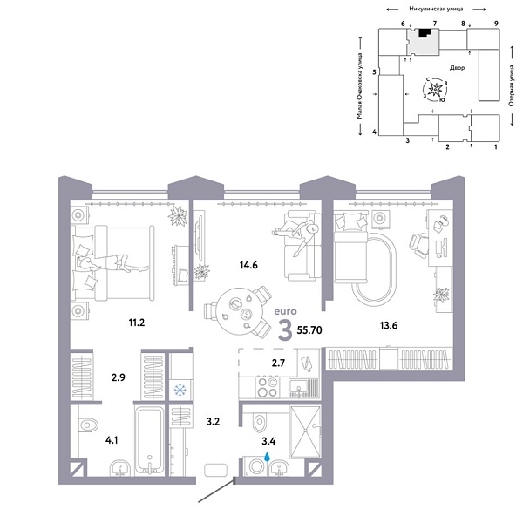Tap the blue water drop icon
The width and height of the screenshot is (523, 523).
[x=268, y=455]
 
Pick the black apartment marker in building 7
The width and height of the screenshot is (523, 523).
[x=425, y=34]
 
